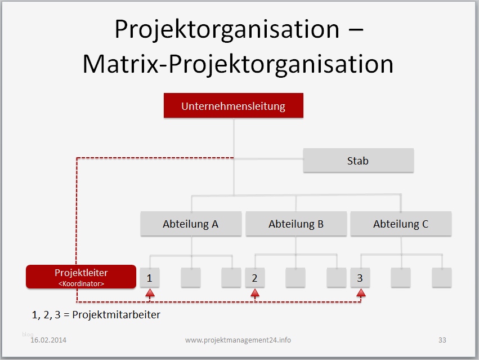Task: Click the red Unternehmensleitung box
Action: [233, 106]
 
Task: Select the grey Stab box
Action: [358, 161]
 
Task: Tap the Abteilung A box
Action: [190, 224]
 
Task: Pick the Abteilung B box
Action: [296, 224]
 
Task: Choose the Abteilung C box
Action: [401, 224]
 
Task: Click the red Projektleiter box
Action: [81, 277]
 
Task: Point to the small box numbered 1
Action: [149, 278]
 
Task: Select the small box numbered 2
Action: [254, 278]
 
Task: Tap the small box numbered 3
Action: [360, 278]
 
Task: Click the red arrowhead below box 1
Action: [149, 293]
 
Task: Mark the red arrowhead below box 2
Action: [254, 293]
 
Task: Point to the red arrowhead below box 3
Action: [361, 293]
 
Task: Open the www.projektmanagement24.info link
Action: [238, 340]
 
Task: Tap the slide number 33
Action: [442, 340]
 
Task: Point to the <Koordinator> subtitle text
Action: [81, 284]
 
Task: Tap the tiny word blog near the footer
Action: [28, 334]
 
